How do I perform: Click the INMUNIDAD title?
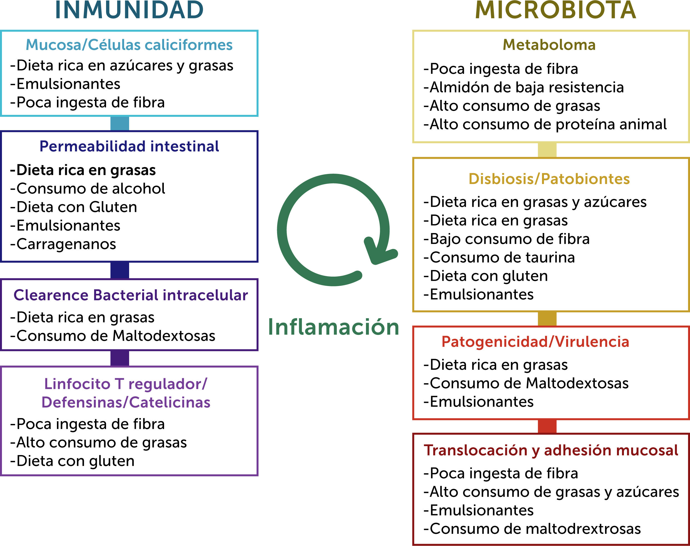point(129,10)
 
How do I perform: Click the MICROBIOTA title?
point(555,10)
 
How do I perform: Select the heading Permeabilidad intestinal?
point(129,146)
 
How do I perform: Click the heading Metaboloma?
point(549,45)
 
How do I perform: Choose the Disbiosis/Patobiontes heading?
point(549,179)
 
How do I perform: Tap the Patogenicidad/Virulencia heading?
point(535,342)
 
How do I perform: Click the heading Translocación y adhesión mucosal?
point(551,450)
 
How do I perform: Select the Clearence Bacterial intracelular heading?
point(131,295)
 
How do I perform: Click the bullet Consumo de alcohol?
point(88,189)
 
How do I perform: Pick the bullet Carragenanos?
point(63,244)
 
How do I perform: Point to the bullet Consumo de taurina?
point(499,257)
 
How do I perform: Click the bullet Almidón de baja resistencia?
point(523,87)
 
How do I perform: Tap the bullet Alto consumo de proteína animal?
point(545,124)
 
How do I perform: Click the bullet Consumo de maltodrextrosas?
point(532,529)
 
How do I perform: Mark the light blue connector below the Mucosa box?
point(120,123)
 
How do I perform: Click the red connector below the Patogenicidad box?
point(547,426)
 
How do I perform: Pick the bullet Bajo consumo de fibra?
point(506,239)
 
